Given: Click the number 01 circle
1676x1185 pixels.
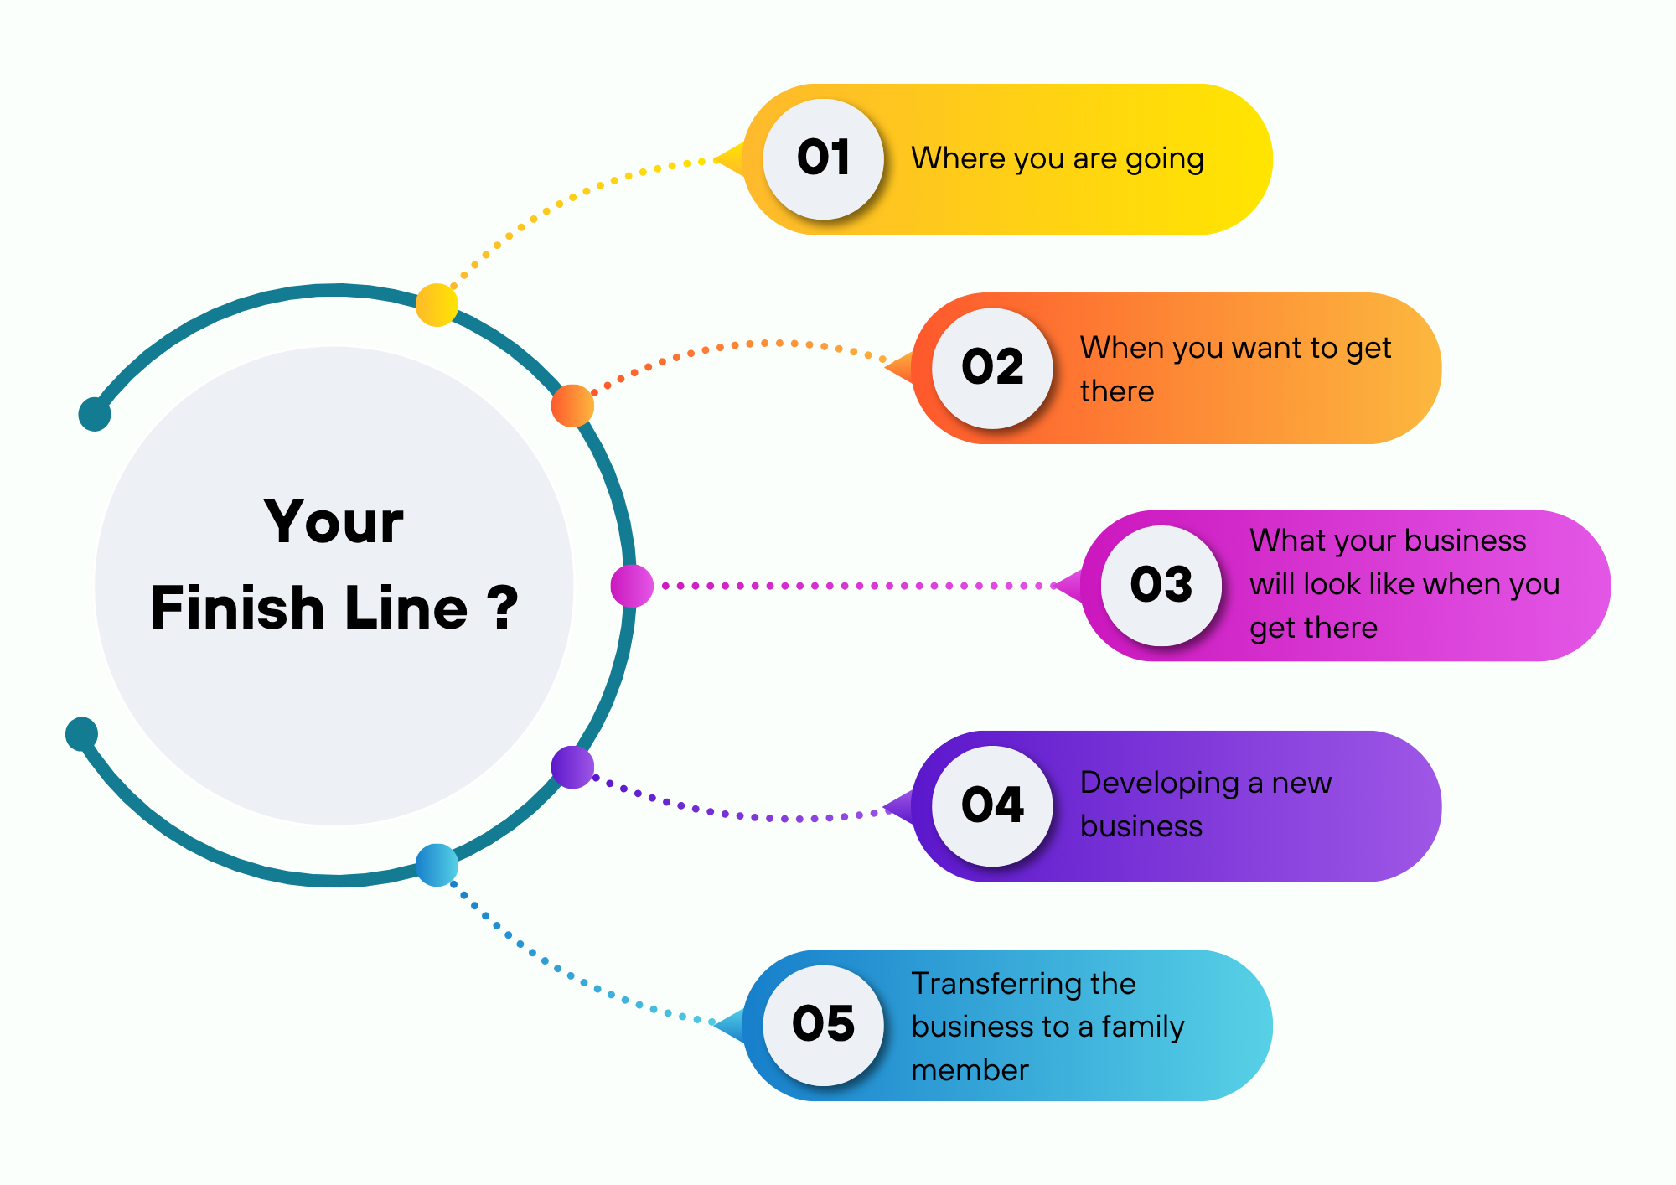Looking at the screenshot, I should pyautogui.click(x=823, y=159).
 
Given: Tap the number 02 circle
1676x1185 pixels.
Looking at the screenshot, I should pyautogui.click(x=992, y=369).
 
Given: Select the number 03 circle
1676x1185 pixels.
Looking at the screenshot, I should pyautogui.click(x=1161, y=586).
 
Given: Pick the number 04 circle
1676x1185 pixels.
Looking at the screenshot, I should pyautogui.click(x=992, y=806).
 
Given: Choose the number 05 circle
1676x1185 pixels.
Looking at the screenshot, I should pyautogui.click(x=823, y=1025).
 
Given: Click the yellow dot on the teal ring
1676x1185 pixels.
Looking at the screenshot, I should pyautogui.click(x=437, y=305).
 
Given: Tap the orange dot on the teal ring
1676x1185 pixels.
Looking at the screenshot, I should pyautogui.click(x=572, y=406).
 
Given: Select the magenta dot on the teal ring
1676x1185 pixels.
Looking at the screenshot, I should pyautogui.click(x=632, y=586).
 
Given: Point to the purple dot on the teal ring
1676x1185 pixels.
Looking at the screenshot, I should pyautogui.click(x=572, y=767).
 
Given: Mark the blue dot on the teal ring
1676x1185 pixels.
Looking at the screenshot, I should pyautogui.click(x=437, y=865).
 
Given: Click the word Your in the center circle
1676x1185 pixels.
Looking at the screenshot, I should pyautogui.click(x=334, y=522).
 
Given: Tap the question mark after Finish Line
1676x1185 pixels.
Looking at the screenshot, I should pyautogui.click(x=502, y=608).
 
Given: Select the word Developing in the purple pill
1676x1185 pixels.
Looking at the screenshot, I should pyautogui.click(x=1159, y=784).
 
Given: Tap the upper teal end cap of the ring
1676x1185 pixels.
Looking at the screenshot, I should pyautogui.click(x=95, y=414).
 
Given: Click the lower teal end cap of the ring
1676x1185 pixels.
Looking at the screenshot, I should pyautogui.click(x=81, y=734).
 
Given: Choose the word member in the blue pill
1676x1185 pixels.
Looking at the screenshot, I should pyautogui.click(x=970, y=1070).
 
